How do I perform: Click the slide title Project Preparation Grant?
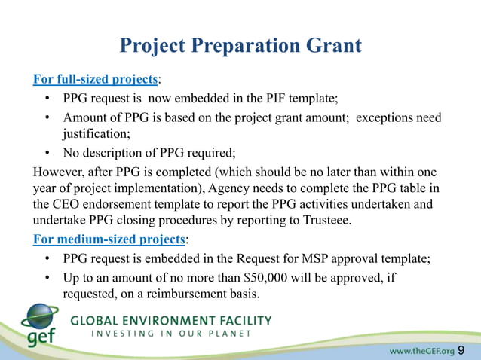pos(240,46)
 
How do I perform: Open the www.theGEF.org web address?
pos(421,350)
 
